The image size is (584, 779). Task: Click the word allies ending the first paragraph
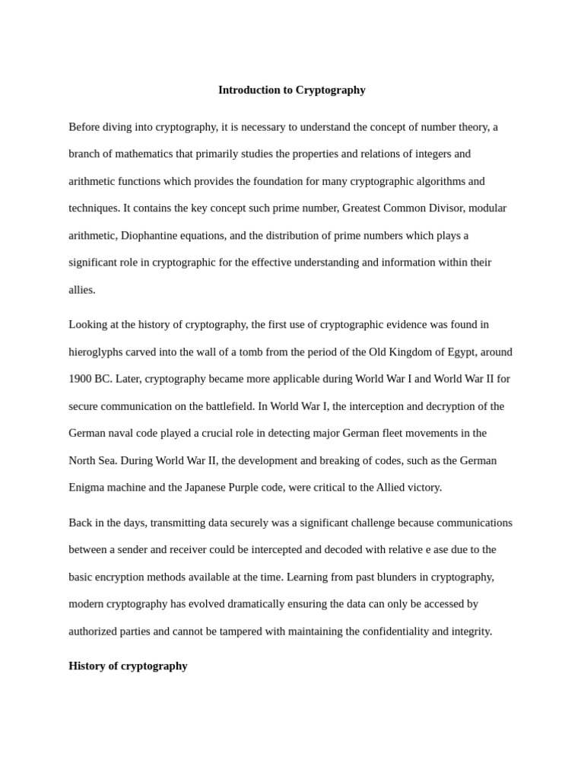(x=81, y=290)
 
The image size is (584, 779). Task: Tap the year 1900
(x=81, y=379)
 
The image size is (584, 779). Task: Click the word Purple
(x=244, y=487)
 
